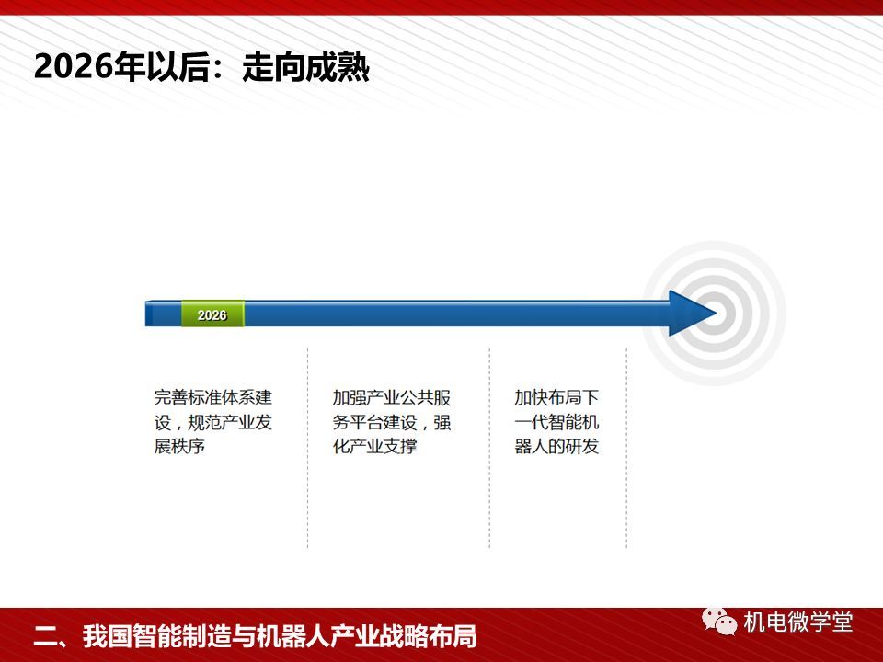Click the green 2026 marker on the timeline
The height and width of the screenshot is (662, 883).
(x=212, y=314)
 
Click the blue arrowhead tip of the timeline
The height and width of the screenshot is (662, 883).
(x=716, y=314)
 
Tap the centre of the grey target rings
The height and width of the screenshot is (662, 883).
(x=714, y=314)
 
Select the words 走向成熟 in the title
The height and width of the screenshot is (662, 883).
(x=305, y=67)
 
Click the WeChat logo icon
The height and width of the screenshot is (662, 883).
(x=719, y=622)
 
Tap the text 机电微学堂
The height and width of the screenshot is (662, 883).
(x=798, y=622)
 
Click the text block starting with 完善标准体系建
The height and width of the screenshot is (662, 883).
(x=212, y=422)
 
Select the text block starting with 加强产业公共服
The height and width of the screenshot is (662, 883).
(x=392, y=422)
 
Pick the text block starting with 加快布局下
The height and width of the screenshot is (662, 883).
(x=556, y=422)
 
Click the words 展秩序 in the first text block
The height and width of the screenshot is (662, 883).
(x=179, y=446)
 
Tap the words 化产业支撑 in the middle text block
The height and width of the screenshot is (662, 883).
(x=374, y=446)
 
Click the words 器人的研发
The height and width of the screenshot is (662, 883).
(x=556, y=446)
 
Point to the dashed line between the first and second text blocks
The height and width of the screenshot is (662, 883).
(x=307, y=448)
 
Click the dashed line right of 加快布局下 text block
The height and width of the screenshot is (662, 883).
(x=626, y=448)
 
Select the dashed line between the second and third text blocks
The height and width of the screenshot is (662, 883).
(x=489, y=448)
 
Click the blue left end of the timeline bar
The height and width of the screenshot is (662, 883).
(x=147, y=314)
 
